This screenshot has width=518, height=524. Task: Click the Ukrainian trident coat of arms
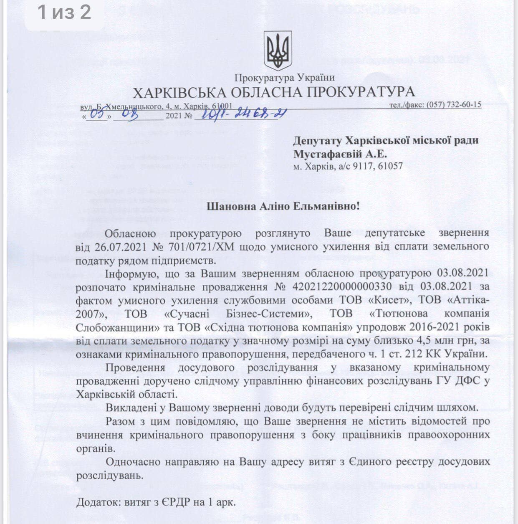(278, 51)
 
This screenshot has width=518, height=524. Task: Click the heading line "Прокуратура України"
(284, 78)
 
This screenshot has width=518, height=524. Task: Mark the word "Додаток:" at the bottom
(98, 502)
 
